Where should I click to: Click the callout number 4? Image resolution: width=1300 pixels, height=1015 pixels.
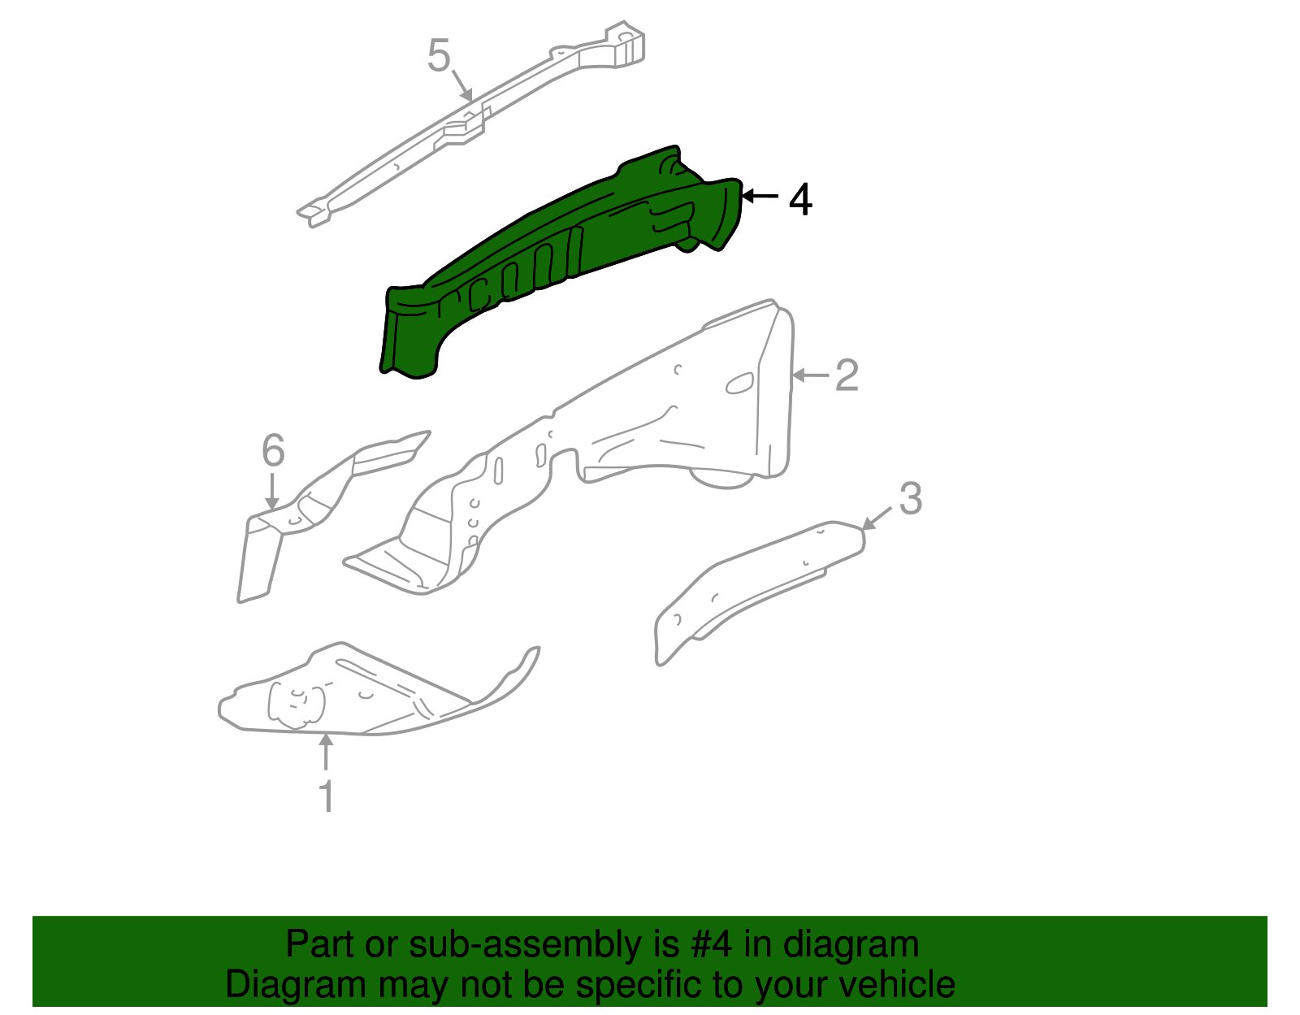[800, 200]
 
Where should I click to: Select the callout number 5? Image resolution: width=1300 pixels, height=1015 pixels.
[439, 57]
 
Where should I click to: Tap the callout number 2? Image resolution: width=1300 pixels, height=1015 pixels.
[847, 375]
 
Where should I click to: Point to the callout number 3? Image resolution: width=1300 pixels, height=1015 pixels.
[911, 499]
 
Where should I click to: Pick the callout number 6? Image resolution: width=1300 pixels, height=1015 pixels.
[274, 451]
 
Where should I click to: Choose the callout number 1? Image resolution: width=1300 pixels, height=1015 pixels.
[327, 796]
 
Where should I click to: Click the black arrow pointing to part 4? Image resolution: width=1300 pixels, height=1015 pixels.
[760, 196]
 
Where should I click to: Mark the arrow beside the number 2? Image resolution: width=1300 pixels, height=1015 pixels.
[810, 375]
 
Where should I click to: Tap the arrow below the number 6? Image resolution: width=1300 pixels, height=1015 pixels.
[272, 492]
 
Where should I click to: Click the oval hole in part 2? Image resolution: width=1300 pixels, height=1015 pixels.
[739, 384]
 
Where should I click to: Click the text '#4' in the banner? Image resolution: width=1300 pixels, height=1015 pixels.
[711, 945]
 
